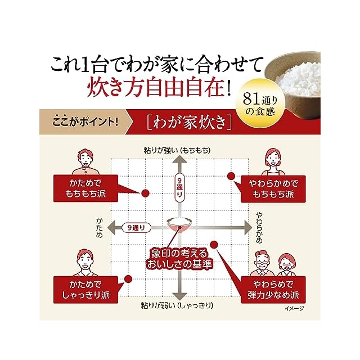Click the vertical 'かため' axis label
(x=100, y=228)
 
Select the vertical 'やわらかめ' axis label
(x=259, y=227)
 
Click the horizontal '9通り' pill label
(x=137, y=227)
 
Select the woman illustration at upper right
(x=273, y=161)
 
